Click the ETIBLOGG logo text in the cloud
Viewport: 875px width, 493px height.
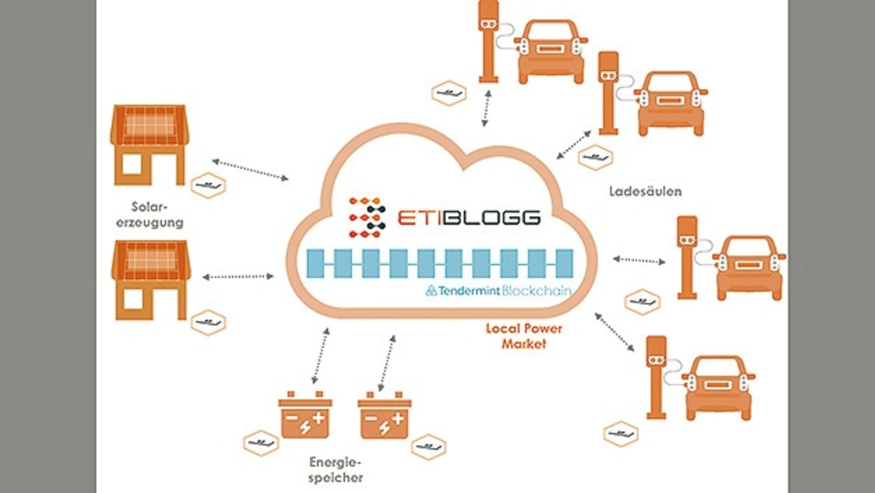click(x=469, y=217)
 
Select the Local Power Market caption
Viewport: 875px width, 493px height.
click(x=524, y=336)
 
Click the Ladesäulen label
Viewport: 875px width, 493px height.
click(x=645, y=191)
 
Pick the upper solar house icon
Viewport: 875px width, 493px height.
click(x=150, y=145)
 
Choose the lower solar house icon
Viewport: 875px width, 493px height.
click(x=150, y=279)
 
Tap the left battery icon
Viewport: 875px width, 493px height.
click(x=305, y=415)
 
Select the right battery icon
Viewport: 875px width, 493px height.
click(x=385, y=415)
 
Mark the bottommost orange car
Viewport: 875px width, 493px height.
click(x=718, y=387)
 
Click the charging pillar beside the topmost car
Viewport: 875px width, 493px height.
click(x=488, y=41)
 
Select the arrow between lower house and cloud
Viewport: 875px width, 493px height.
click(x=238, y=277)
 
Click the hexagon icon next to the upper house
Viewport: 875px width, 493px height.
click(x=208, y=185)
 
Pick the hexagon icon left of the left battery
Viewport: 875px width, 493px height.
click(x=260, y=443)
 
